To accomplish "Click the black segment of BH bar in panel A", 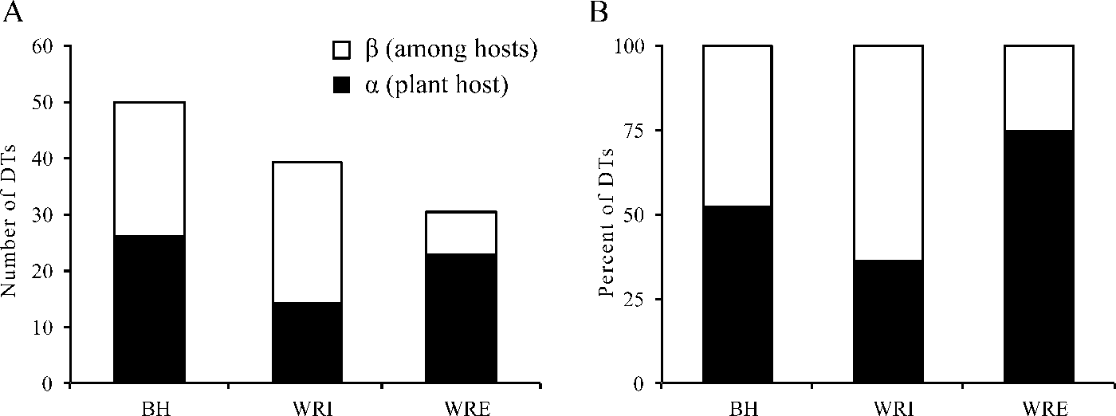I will click(x=149, y=309).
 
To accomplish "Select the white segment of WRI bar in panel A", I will click(x=307, y=232).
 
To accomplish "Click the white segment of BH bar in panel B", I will click(x=737, y=126).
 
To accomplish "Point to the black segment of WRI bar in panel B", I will click(x=888, y=321).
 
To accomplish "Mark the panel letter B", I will click(x=598, y=13).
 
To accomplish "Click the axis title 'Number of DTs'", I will click(x=11, y=215).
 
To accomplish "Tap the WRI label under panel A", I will click(x=307, y=406).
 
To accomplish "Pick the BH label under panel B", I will click(x=737, y=406).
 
